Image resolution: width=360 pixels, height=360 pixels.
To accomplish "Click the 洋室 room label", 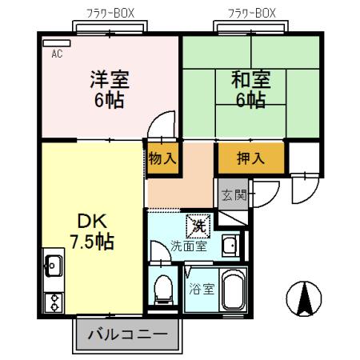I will [x=110, y=79].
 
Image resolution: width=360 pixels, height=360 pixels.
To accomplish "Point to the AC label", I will [x=57, y=54].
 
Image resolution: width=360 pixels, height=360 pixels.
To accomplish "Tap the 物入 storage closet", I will [x=162, y=158].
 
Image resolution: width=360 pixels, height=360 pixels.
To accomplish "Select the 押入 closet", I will [x=250, y=159].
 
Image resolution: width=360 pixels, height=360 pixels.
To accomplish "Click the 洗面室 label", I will [x=190, y=246].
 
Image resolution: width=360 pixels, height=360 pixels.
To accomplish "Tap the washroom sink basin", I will [x=230, y=246].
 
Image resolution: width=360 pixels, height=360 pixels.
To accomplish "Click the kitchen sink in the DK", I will [x=54, y=264].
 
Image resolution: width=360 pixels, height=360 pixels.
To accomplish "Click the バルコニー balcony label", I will [x=127, y=334].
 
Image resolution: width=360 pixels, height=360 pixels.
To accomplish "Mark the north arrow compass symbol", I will [x=303, y=300].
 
